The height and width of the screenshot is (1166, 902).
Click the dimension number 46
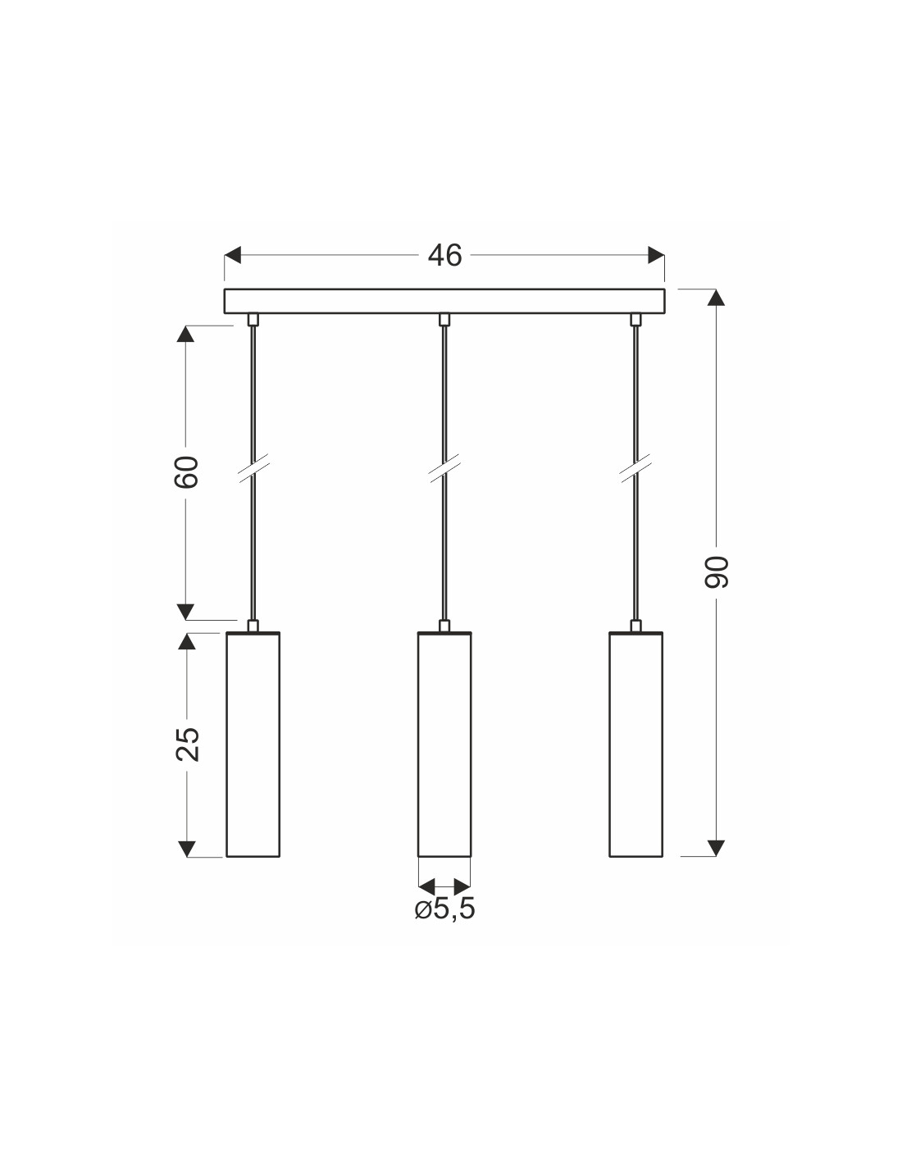tap(444, 255)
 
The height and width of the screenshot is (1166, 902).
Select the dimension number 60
tap(186, 472)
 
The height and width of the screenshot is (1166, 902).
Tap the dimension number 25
tap(187, 745)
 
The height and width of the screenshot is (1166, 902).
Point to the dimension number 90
tap(717, 572)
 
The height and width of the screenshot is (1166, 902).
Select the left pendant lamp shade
tap(253, 745)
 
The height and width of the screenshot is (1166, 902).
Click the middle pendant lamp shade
tap(444, 745)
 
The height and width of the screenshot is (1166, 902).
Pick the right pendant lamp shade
tap(635, 745)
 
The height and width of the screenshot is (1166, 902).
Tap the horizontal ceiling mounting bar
tap(444, 301)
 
